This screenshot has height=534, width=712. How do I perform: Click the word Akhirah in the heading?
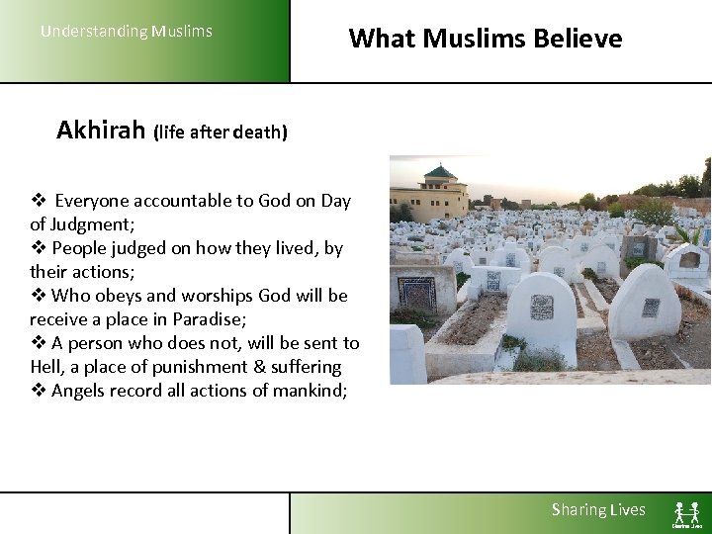(101, 131)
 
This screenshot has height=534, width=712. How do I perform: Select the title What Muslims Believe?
(486, 39)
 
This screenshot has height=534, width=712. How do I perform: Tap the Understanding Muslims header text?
(126, 31)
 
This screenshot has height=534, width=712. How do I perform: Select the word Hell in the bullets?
(45, 367)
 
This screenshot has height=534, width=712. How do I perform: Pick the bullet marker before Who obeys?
(38, 296)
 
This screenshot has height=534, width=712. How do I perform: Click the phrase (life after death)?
(220, 133)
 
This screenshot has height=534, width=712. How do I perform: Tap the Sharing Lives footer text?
(598, 509)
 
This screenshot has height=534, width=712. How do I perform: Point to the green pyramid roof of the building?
(439, 172)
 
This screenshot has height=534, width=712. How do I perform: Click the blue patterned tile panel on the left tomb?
(415, 294)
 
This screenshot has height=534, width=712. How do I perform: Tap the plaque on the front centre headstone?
(541, 308)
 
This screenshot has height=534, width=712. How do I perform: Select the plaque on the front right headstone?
(650, 308)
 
